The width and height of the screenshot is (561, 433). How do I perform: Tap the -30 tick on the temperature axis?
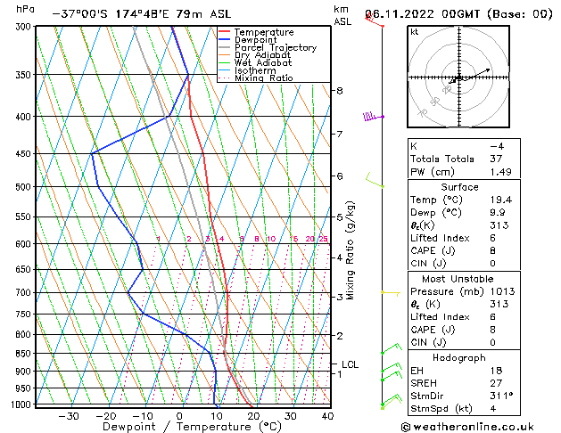pos(69,416)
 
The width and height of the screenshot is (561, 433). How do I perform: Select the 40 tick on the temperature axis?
pos(327,416)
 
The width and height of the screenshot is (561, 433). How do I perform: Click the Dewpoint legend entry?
pos(257,40)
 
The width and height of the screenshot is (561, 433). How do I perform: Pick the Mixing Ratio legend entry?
pos(263,78)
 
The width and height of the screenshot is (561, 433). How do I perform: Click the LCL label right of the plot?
pos(350,364)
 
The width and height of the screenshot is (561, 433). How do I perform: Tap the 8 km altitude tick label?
pos(340,91)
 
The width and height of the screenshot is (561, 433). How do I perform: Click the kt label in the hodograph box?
pos(414,32)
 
